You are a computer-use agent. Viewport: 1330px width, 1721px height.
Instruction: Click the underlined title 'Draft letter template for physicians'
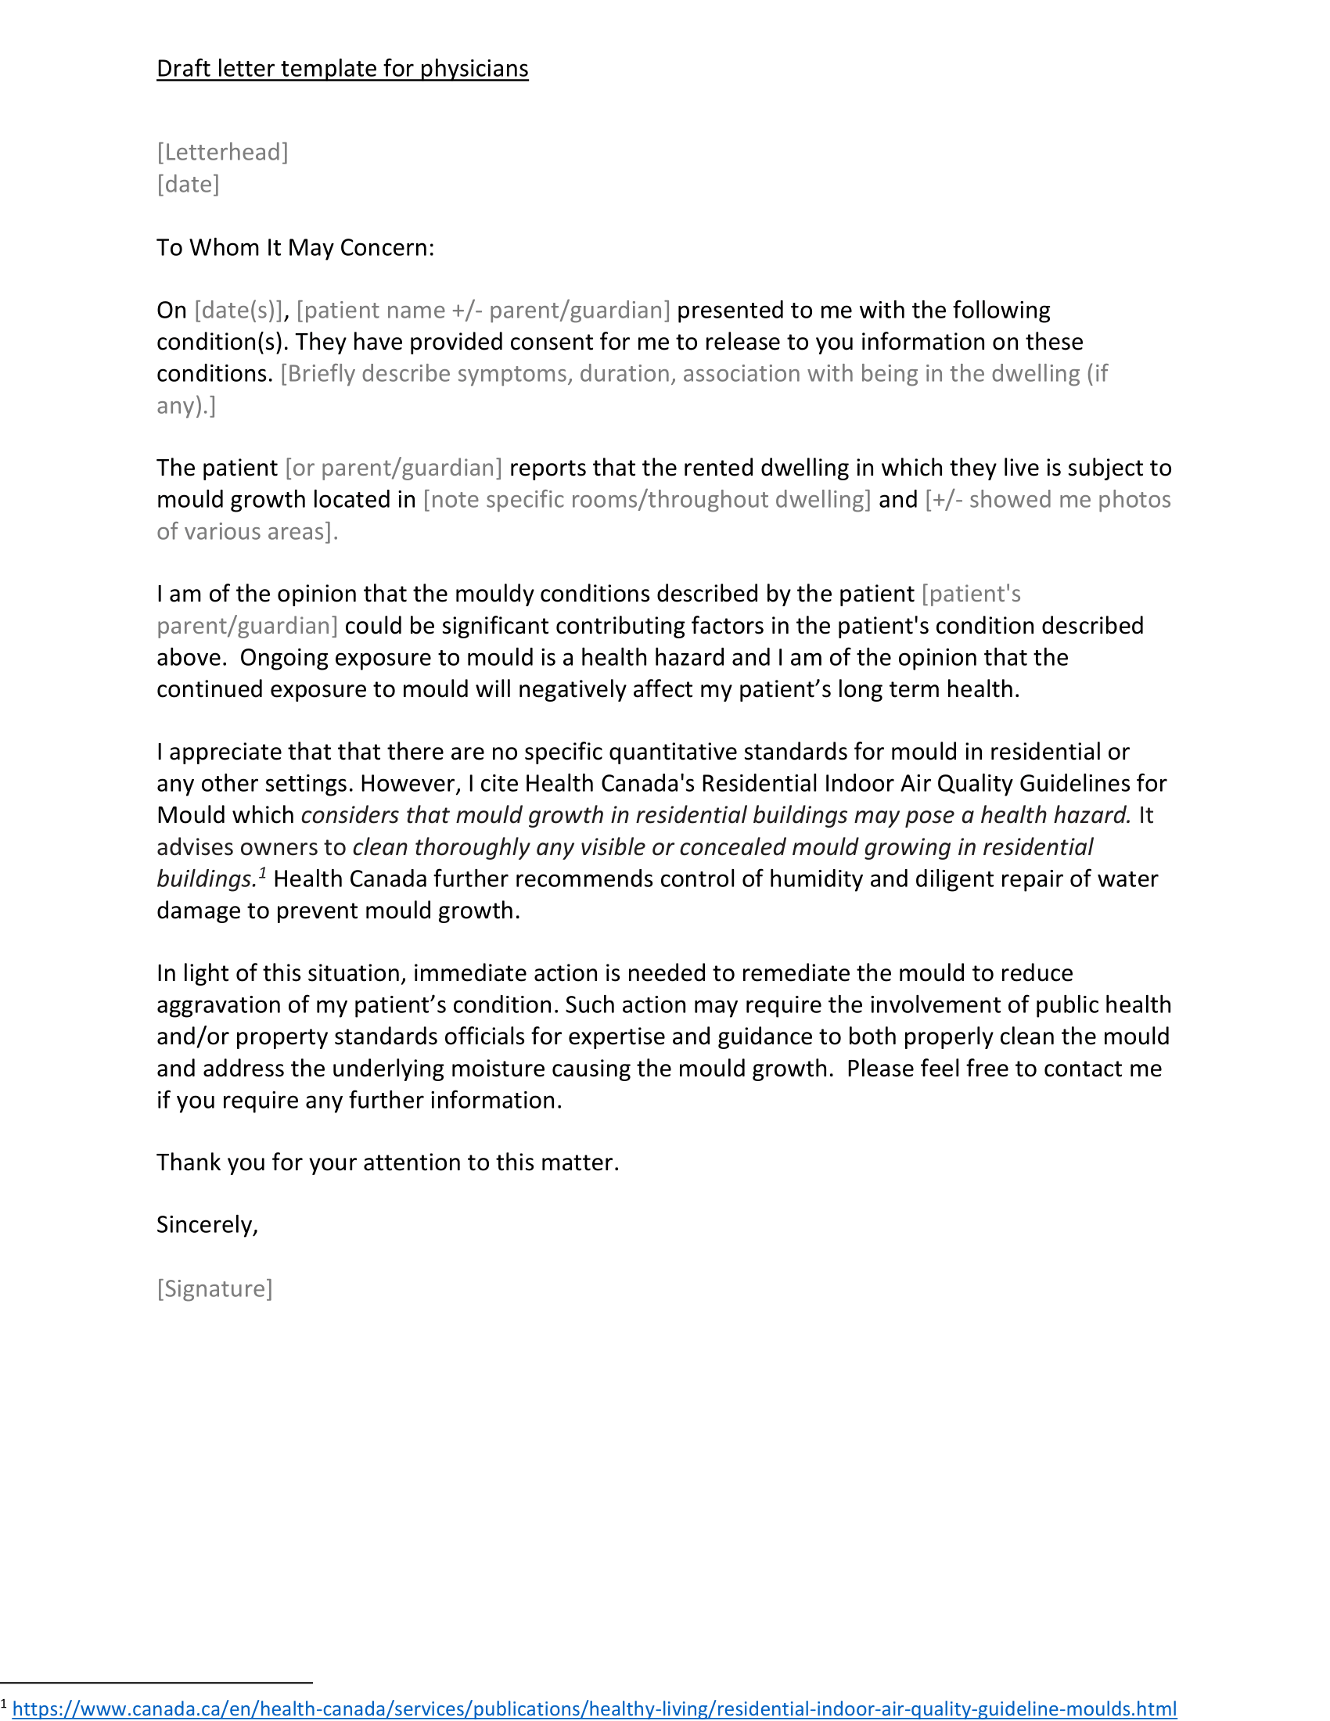342,69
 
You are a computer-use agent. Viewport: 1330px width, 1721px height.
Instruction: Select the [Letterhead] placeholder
222,151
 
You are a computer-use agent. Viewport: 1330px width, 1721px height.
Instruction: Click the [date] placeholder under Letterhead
188,184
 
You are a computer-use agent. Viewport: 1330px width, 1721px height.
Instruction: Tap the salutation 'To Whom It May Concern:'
296,247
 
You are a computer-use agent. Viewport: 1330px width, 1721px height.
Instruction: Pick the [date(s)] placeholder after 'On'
238,310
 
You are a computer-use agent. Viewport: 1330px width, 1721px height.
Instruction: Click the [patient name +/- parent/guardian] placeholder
483,310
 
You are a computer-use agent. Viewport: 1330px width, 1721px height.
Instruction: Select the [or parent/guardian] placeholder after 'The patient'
394,467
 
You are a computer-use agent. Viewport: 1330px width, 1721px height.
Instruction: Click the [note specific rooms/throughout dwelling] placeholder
647,499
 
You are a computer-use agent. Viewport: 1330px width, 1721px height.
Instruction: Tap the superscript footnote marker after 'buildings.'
262,871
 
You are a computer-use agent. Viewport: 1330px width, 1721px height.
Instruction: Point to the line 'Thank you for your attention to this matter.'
387,1162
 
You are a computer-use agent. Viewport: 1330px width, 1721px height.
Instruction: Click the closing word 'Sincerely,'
207,1223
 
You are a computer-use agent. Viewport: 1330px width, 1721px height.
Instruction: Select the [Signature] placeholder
214,1288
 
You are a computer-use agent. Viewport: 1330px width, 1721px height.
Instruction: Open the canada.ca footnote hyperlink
594,1708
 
